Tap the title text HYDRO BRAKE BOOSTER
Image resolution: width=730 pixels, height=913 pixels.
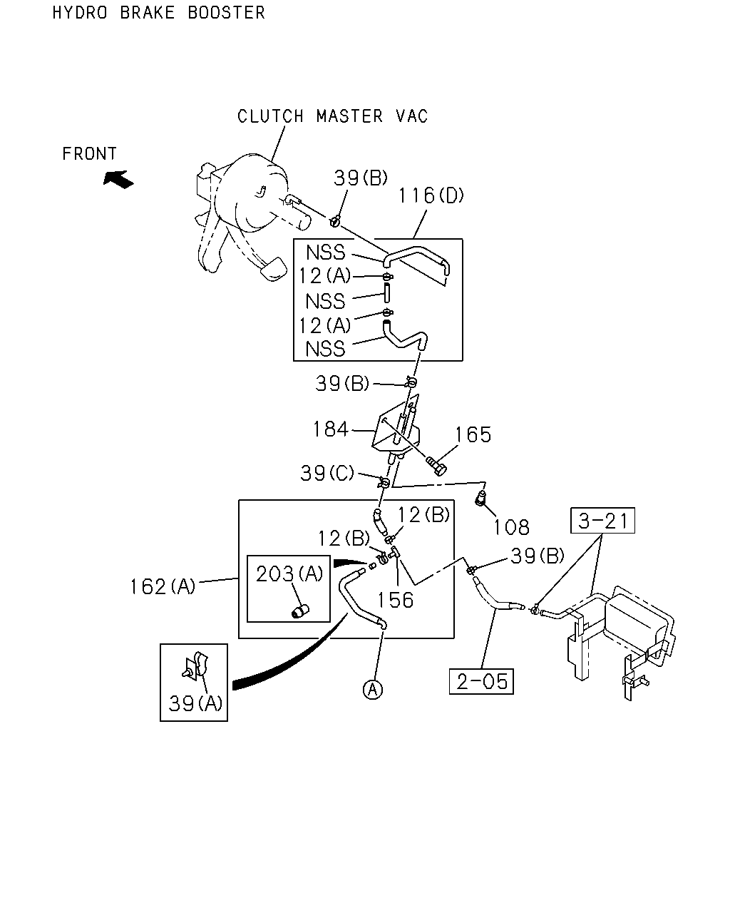click(159, 13)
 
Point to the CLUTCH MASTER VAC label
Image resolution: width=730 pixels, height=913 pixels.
click(332, 116)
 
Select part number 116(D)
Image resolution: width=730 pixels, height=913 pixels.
click(431, 195)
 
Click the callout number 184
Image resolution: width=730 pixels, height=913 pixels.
click(330, 429)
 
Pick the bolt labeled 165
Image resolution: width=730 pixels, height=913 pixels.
click(436, 465)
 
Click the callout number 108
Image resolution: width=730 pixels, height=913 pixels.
click(511, 527)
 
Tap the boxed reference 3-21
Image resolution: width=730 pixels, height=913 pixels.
click(602, 521)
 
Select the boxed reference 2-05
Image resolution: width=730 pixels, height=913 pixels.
click(481, 681)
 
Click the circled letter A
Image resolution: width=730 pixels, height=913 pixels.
click(373, 690)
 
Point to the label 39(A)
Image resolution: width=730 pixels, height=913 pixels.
click(195, 703)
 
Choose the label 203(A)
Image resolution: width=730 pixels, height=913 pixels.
click(289, 573)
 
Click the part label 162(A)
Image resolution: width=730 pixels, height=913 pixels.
click(163, 587)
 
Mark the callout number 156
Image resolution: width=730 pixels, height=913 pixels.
click(396, 600)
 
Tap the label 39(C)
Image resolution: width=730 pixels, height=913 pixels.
click(327, 473)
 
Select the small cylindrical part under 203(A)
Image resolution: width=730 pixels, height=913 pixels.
click(300, 612)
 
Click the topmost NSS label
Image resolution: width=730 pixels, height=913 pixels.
click(326, 253)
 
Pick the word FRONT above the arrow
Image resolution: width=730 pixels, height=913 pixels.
click(90, 153)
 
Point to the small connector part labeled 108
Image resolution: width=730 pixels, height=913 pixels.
click(480, 498)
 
